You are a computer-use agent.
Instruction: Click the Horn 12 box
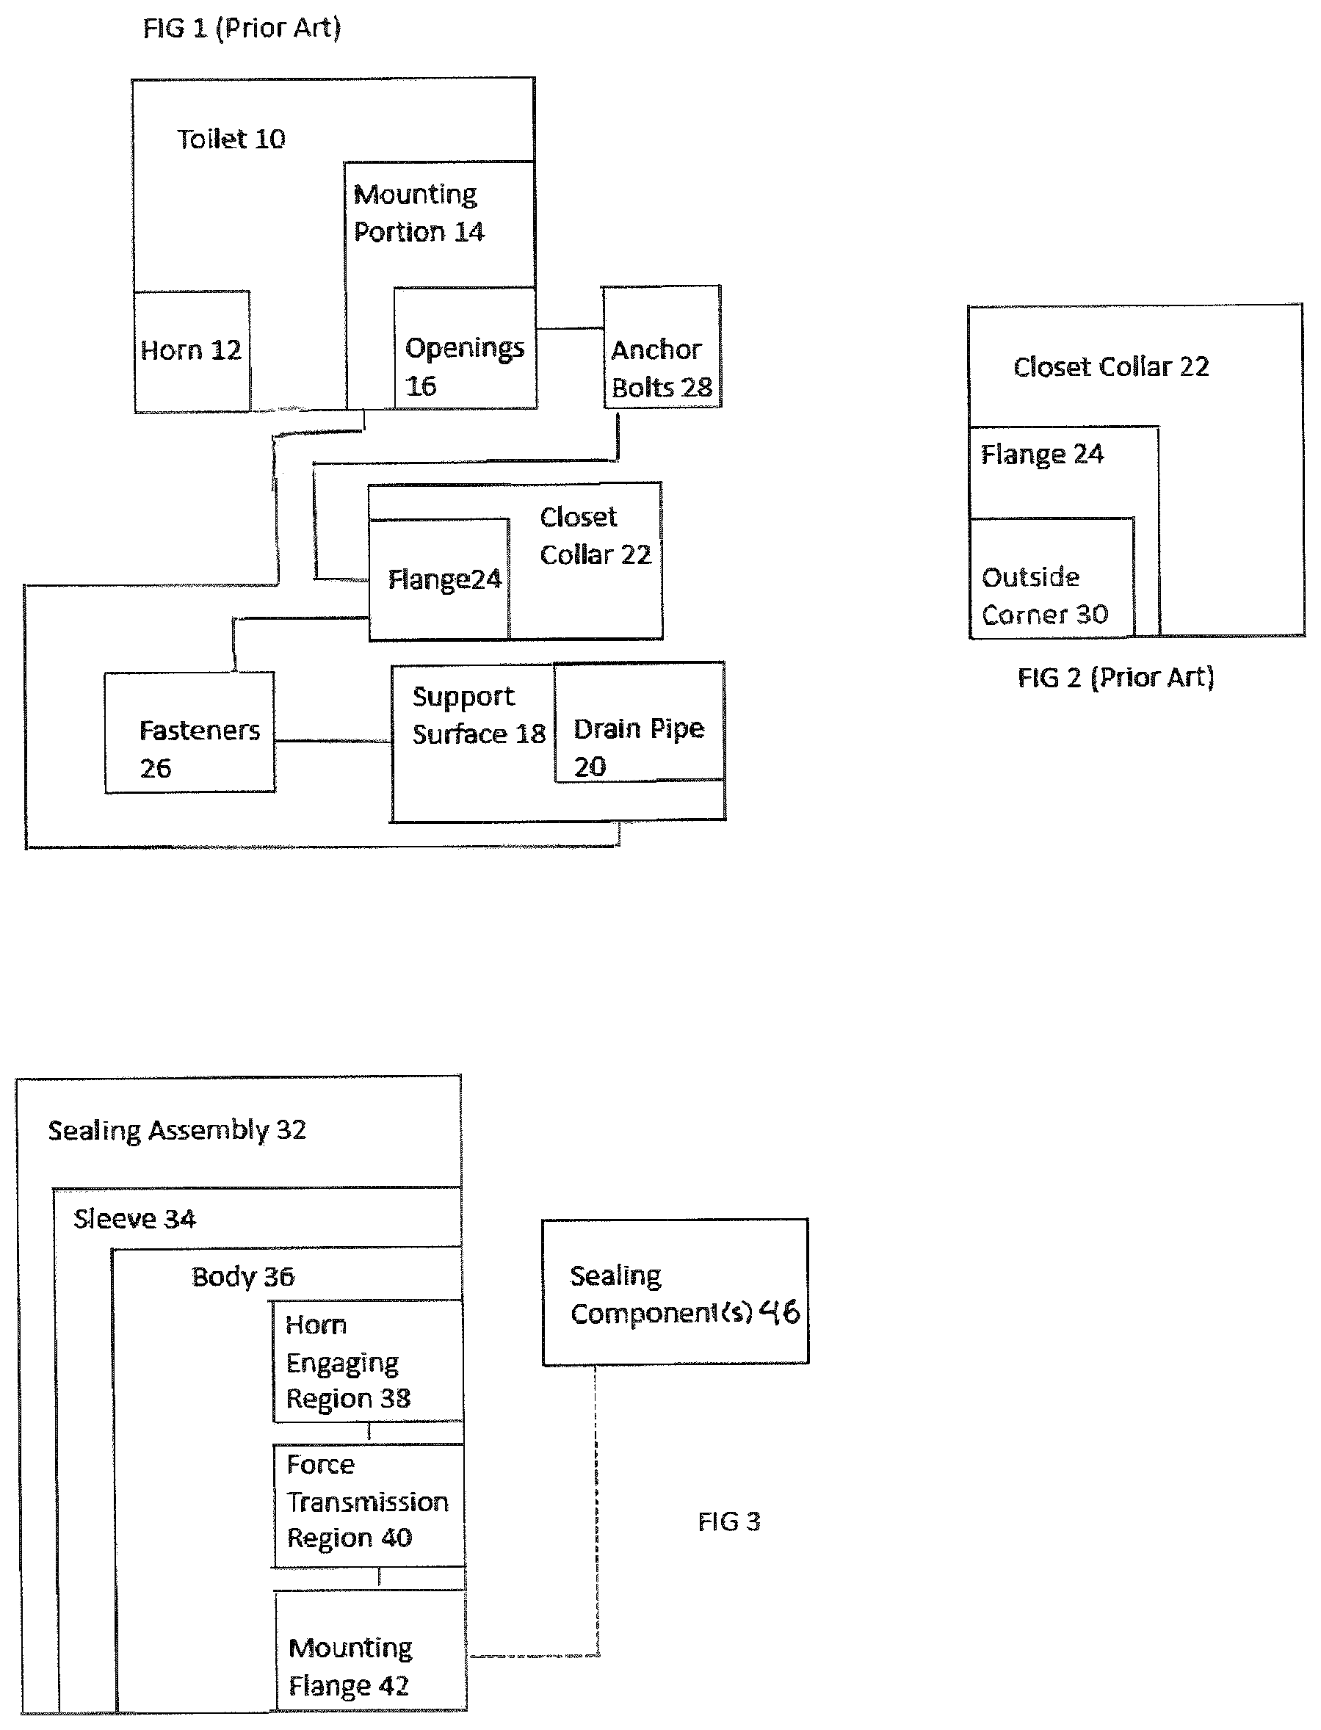click(x=192, y=352)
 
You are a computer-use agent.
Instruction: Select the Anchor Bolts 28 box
click(x=662, y=347)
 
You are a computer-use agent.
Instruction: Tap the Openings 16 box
click(x=465, y=347)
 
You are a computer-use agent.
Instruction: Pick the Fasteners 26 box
click(x=189, y=733)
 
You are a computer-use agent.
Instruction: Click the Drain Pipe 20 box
click(x=640, y=723)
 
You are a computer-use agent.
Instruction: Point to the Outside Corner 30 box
click(x=1052, y=578)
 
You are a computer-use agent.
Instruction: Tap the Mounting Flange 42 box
click(x=370, y=1651)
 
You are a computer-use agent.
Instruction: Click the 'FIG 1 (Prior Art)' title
click(x=242, y=29)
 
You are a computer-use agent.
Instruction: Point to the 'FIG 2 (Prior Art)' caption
click(x=1116, y=677)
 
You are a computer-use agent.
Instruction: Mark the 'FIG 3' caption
click(x=729, y=1521)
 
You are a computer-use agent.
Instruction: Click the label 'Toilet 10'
click(x=231, y=140)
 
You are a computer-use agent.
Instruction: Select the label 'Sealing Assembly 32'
click(x=177, y=1130)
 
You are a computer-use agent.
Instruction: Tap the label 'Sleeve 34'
click(x=134, y=1219)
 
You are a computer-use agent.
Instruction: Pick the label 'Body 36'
click(x=243, y=1276)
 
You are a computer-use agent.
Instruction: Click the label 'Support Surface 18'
click(x=479, y=714)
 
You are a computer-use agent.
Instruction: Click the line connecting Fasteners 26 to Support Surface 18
click(x=333, y=741)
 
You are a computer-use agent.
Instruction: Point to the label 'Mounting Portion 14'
click(x=419, y=213)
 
